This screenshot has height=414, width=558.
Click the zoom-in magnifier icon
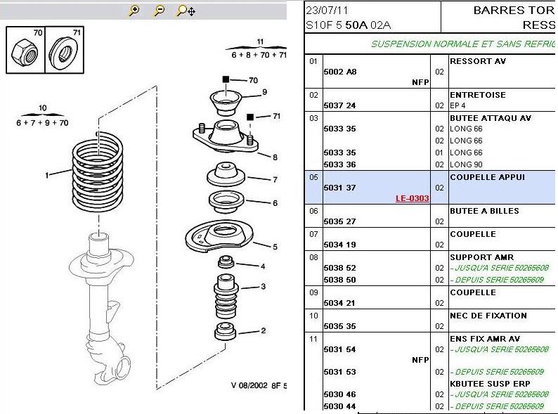click(x=134, y=11)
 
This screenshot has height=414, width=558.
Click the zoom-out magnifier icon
click(x=159, y=11)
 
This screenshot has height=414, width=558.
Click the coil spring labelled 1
click(x=98, y=172)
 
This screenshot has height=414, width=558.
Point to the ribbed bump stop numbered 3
click(x=226, y=296)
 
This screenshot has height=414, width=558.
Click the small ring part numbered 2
click(x=226, y=330)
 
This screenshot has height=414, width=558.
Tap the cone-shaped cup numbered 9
click(x=226, y=103)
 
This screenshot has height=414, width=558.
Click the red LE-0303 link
click(x=412, y=198)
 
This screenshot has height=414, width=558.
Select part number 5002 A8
click(x=340, y=72)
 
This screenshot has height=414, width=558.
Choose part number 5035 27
click(x=340, y=221)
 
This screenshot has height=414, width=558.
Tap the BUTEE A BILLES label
click(x=484, y=211)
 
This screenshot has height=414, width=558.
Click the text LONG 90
click(x=466, y=164)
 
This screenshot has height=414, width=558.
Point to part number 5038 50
click(x=340, y=280)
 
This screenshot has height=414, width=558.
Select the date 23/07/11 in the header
click(x=327, y=11)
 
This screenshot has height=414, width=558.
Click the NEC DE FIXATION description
click(x=488, y=316)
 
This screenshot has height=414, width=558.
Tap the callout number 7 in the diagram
click(x=275, y=180)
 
